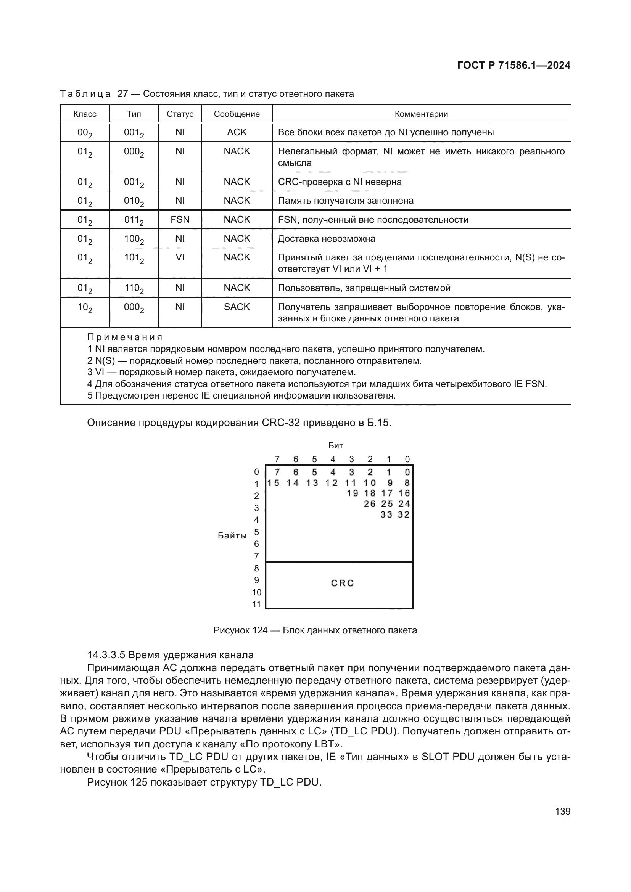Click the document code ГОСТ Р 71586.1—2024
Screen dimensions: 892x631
coord(513,65)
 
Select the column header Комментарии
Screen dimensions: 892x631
coord(421,114)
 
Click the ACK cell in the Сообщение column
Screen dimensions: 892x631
coord(237,132)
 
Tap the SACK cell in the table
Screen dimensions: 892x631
coord(237,307)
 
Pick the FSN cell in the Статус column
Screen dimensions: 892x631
coord(180,220)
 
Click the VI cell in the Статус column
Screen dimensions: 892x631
coord(180,257)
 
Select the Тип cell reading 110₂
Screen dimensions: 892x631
coord(134,288)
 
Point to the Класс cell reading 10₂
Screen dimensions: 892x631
coord(85,307)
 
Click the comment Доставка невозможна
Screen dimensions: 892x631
coord(327,238)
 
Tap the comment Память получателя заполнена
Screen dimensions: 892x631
coord(345,201)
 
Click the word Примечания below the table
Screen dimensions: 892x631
coord(125,337)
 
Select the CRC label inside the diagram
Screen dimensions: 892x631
coord(342,583)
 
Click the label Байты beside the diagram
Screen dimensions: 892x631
coord(232,536)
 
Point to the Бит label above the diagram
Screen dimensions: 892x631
coord(335,445)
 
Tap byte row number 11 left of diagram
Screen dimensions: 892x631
coord(256,604)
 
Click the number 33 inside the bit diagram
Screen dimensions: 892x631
coord(386,514)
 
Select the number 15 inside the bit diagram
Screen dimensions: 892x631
coord(274,483)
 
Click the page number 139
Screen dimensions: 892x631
coord(563,811)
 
